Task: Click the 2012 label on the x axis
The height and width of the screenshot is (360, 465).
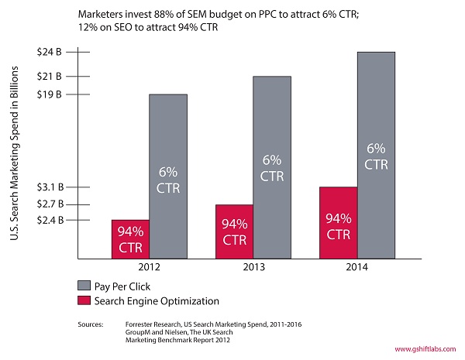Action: tap(149, 267)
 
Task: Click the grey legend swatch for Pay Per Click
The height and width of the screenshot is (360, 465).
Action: tap(84, 285)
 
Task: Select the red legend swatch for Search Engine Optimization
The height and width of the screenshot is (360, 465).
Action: tap(84, 300)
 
